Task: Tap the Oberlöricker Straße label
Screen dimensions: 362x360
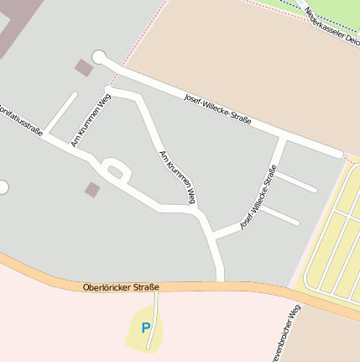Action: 122,287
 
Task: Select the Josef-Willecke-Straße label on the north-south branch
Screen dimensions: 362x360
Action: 258,197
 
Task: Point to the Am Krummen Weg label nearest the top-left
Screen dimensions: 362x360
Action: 91,120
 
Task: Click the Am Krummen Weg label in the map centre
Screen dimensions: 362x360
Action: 177,177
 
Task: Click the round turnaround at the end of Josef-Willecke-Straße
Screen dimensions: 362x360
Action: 99,57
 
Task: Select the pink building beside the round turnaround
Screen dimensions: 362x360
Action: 84,67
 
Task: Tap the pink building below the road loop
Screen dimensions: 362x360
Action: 92,190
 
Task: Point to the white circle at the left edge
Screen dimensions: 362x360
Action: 3,186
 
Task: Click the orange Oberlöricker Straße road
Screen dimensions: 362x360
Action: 252,290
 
